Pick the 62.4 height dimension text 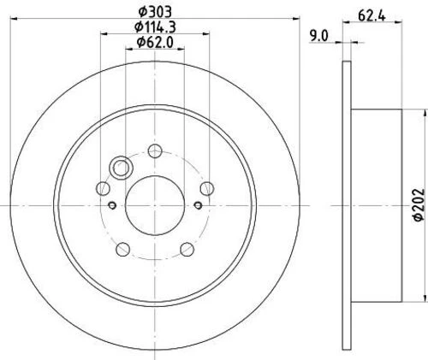coord(369,15)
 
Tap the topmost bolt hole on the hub coord(154,151)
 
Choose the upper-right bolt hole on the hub coord(205,188)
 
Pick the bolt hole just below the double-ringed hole coord(104,188)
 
